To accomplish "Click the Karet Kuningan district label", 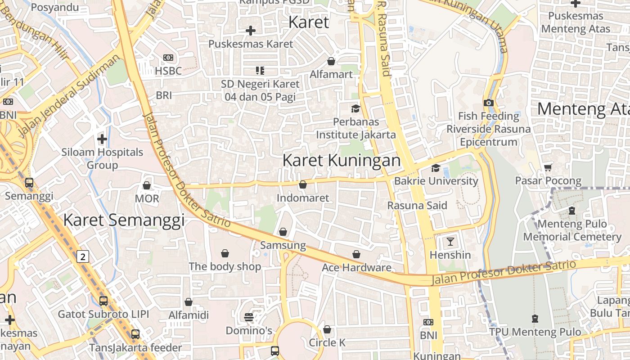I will tap(342, 161).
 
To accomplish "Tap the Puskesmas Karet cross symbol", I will tap(251, 31).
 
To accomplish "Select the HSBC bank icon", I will tap(168, 58).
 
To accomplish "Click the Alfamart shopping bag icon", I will tap(331, 61).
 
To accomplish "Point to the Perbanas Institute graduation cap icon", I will tap(355, 108).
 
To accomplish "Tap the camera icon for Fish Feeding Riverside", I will tap(489, 103).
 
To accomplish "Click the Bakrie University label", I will tap(436, 181).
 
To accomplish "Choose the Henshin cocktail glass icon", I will tap(450, 241).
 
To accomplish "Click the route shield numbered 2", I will tap(82, 256).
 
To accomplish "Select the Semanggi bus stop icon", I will tap(29, 183).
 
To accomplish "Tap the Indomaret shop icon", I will tap(303, 184).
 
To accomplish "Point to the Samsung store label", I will tap(283, 245).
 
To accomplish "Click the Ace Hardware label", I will tap(356, 268).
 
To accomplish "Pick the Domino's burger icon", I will tap(248, 317).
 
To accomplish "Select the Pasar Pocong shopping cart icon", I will tap(548, 168).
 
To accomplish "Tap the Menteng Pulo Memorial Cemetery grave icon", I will tap(571, 210).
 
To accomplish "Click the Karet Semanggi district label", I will tap(124, 220).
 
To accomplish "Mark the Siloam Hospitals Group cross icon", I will tap(102, 139).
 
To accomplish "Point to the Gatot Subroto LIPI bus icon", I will tap(103, 301).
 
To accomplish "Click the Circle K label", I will tap(327, 342).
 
